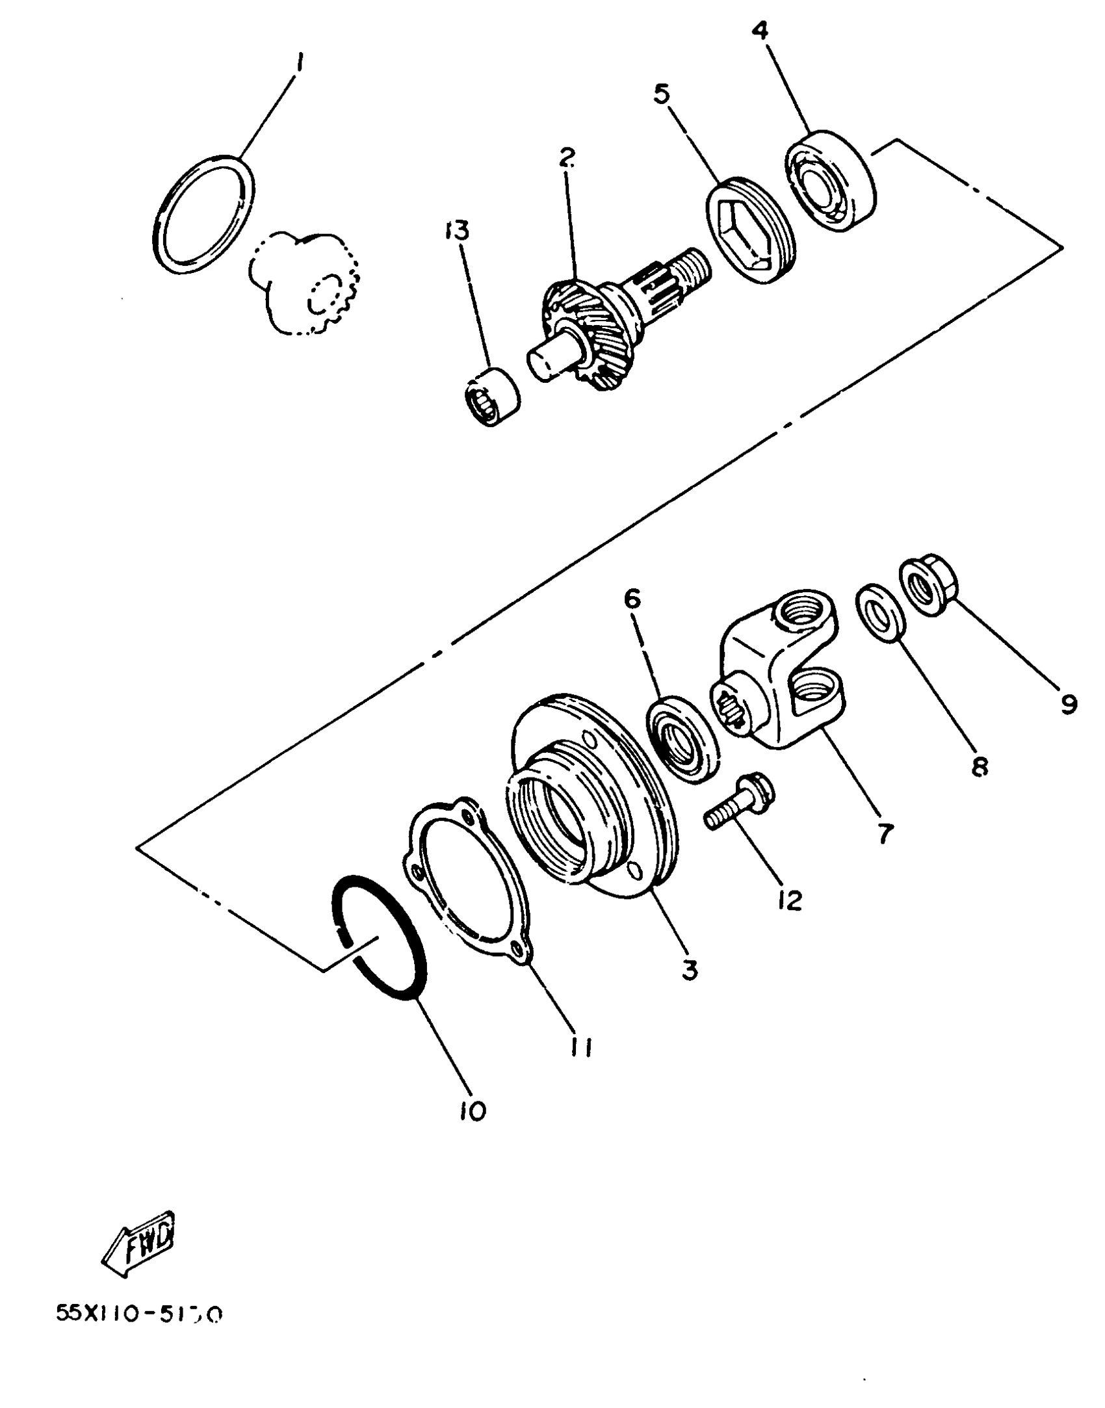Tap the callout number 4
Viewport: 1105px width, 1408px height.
(762, 31)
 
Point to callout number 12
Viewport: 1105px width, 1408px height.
(790, 900)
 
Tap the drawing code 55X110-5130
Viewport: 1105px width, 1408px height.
(139, 1314)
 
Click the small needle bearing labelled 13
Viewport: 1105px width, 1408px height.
(491, 396)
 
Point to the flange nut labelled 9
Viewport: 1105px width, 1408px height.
(926, 582)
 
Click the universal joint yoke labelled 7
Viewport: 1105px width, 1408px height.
(780, 683)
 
